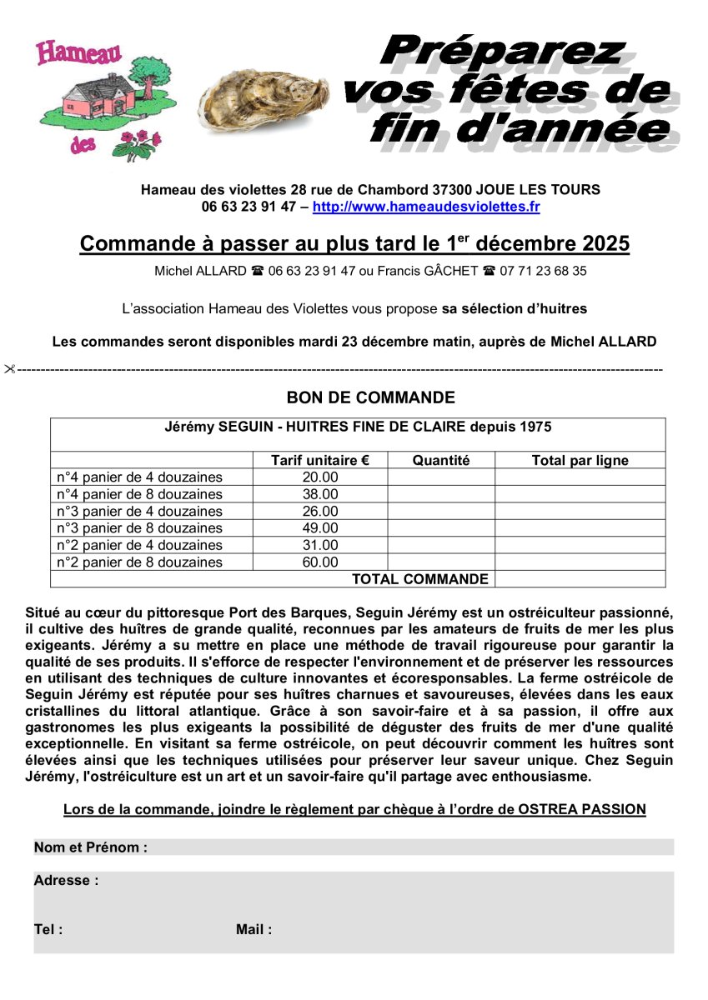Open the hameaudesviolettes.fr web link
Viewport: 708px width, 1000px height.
(x=426, y=207)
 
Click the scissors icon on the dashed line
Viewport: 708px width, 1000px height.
(x=10, y=368)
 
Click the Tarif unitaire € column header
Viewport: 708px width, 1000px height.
(x=319, y=460)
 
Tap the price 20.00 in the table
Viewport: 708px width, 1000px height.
(x=320, y=477)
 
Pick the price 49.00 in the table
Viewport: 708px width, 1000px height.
(x=320, y=528)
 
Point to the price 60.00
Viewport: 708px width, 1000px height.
(x=320, y=562)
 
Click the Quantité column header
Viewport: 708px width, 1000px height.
(x=440, y=460)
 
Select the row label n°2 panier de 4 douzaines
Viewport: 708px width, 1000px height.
(x=139, y=545)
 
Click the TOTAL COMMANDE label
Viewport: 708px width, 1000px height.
(x=419, y=579)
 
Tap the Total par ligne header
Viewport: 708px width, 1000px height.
(x=580, y=460)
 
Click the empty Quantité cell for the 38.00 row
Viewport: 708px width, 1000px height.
(x=440, y=494)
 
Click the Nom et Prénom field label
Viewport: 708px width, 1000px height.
(x=90, y=847)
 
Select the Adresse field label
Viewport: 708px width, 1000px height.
(x=66, y=880)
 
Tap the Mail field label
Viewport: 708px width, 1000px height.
(x=254, y=930)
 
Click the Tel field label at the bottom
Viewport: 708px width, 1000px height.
(x=48, y=930)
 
